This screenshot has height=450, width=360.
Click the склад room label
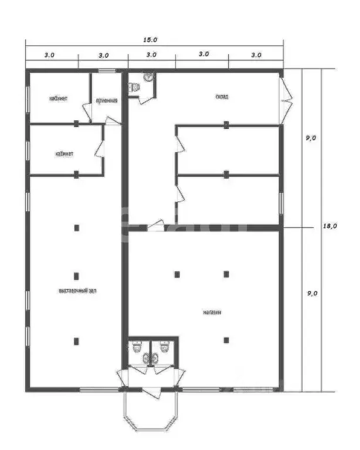coord(222,97)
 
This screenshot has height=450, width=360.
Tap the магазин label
coord(212,312)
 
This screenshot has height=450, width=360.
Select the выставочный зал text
coord(77,291)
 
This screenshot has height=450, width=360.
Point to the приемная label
coord(107,100)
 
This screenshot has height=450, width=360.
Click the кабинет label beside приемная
coord(58,98)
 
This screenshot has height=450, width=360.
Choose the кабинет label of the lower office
coord(64,154)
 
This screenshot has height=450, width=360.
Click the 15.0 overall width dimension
coord(151,40)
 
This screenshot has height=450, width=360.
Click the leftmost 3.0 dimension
coord(49,55)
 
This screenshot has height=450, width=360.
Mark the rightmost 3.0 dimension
coord(256,55)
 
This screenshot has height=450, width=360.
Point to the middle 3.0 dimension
coord(151,55)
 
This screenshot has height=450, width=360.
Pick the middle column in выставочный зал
coord(76,275)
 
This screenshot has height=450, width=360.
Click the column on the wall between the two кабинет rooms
coord(76,124)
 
